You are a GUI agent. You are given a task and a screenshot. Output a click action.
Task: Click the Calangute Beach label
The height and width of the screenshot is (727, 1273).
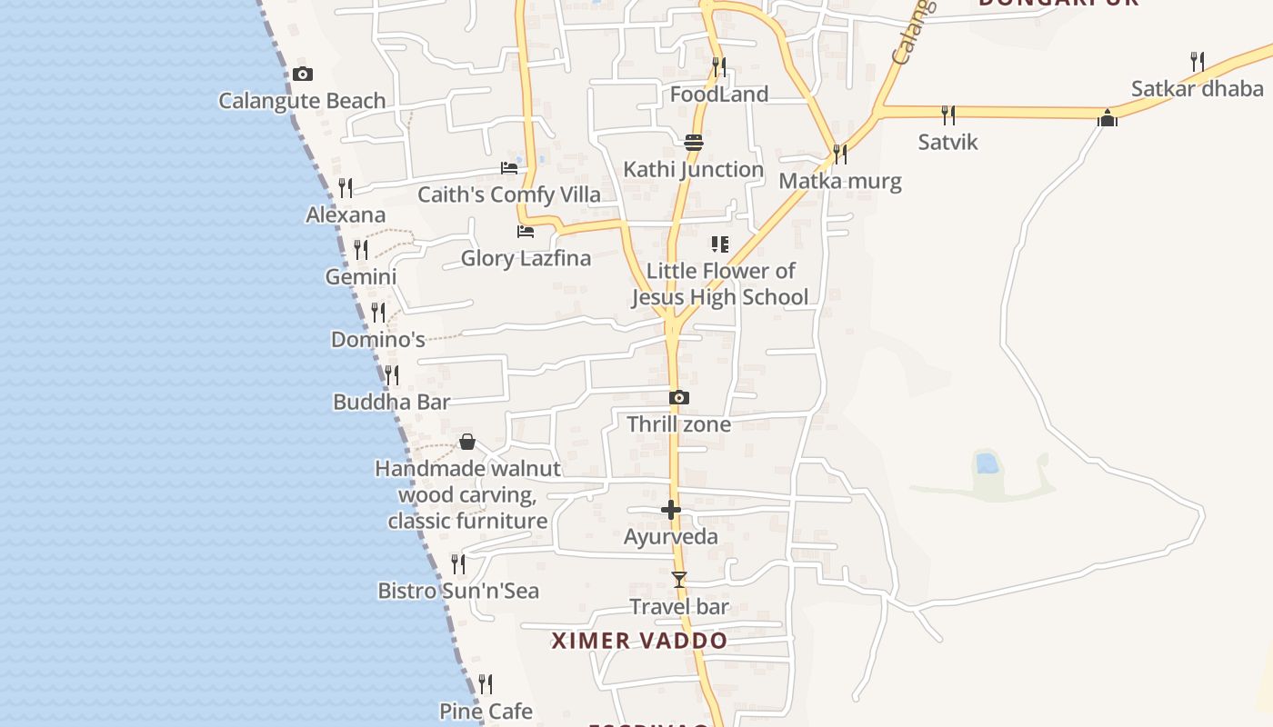click(302, 101)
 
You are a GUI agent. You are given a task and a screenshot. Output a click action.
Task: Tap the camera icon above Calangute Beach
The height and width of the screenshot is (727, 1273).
click(303, 75)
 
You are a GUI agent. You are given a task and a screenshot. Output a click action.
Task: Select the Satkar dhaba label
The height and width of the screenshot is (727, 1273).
click(1197, 89)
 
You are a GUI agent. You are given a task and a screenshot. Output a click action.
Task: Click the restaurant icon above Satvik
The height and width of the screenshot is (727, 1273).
click(948, 115)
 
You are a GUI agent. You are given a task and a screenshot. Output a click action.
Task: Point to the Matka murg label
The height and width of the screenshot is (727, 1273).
click(840, 181)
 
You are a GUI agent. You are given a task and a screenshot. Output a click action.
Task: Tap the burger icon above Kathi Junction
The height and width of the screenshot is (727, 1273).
click(694, 143)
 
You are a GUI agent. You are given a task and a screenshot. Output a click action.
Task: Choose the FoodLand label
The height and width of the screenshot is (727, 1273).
click(718, 95)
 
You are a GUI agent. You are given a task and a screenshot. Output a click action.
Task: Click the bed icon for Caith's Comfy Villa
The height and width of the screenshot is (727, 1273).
click(509, 168)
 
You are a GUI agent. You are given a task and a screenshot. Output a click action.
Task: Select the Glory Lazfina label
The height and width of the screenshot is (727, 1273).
click(526, 258)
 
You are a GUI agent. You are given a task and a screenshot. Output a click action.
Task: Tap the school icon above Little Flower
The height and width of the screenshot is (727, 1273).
click(719, 244)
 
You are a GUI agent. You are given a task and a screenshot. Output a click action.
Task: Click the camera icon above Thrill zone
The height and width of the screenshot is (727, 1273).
click(678, 398)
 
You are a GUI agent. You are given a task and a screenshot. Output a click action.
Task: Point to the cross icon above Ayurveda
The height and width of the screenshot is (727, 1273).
click(671, 510)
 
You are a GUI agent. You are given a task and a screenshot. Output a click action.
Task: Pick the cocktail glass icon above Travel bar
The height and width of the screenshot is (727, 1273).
click(678, 580)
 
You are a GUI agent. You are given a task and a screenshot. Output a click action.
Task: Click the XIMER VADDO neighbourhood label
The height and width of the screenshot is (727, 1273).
click(639, 641)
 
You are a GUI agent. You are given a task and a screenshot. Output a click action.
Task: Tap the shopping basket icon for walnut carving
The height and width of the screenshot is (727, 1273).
click(467, 443)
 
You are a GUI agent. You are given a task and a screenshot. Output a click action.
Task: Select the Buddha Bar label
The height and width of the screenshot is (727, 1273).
click(391, 402)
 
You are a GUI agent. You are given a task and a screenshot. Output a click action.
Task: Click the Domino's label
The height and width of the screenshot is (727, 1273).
click(377, 340)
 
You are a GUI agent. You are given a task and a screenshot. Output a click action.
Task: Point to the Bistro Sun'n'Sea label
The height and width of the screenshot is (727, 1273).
click(458, 591)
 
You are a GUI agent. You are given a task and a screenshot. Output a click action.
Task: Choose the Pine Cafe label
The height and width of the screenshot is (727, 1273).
click(486, 711)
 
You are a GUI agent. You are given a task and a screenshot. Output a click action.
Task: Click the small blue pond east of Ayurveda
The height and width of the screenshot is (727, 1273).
click(986, 463)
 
